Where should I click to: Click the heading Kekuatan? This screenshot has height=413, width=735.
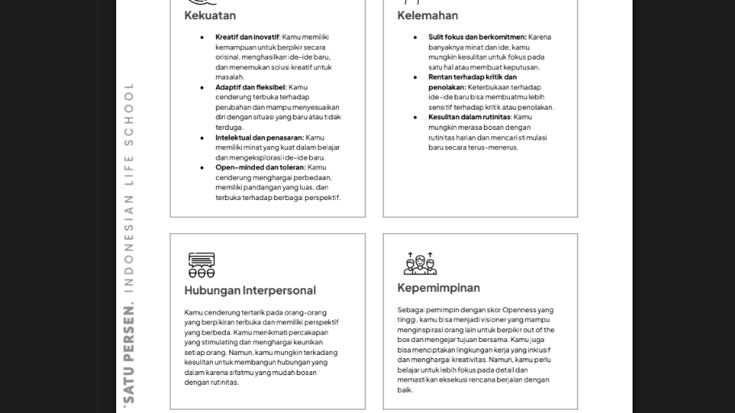click(210, 15)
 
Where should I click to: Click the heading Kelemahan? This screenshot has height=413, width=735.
click(427, 15)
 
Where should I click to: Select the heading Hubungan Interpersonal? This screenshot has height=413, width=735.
click(249, 290)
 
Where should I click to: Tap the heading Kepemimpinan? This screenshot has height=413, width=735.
click(438, 288)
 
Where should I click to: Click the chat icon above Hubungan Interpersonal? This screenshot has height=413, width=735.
click(202, 265)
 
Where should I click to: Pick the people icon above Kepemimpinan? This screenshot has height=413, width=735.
click(420, 263)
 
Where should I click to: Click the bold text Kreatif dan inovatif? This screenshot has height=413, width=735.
click(247, 37)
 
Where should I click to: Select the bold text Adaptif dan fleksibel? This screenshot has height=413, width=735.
click(251, 87)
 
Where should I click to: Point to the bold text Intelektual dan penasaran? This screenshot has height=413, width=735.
click(259, 138)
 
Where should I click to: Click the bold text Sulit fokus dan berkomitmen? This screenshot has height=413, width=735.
click(477, 37)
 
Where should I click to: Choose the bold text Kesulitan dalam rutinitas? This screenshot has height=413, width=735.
click(470, 117)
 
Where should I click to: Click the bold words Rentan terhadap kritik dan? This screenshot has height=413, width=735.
click(473, 77)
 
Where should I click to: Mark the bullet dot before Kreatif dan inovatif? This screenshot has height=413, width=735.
click(202, 37)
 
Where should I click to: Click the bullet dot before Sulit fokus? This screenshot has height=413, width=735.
click(416, 37)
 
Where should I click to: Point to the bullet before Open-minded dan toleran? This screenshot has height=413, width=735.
click(202, 168)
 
